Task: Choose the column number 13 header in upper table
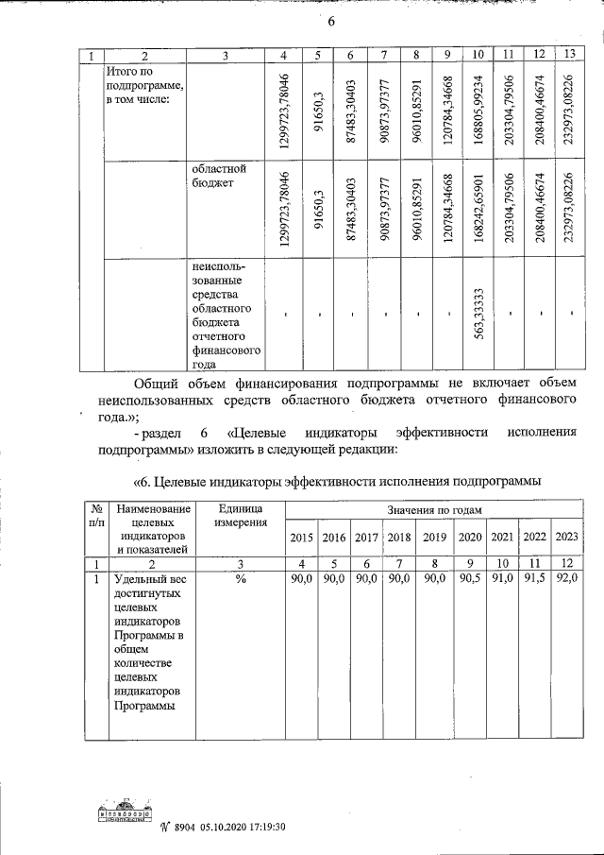(x=567, y=56)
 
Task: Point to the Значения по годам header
(x=434, y=510)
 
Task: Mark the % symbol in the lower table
(x=241, y=579)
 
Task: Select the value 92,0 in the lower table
(x=567, y=579)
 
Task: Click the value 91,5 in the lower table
(x=534, y=579)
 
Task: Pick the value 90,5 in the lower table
(x=469, y=579)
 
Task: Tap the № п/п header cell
(x=96, y=516)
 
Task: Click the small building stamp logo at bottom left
(x=126, y=815)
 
